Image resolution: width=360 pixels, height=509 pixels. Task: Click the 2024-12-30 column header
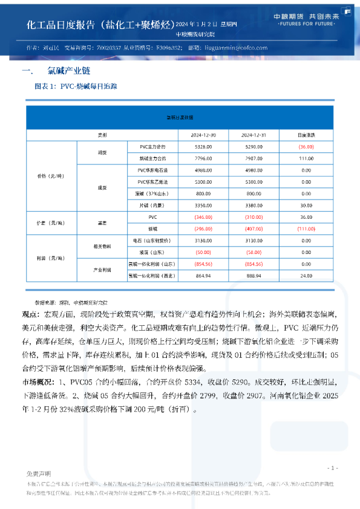click(200, 135)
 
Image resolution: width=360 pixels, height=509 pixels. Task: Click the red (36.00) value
click(306, 147)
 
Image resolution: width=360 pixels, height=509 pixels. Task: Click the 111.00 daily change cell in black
click(306, 158)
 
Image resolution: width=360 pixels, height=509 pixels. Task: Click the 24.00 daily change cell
click(306, 276)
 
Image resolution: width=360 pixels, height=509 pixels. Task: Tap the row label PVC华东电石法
click(152, 170)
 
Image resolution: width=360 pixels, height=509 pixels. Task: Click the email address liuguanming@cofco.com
click(232, 48)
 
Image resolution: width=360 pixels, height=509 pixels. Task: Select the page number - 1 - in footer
click(332, 468)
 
